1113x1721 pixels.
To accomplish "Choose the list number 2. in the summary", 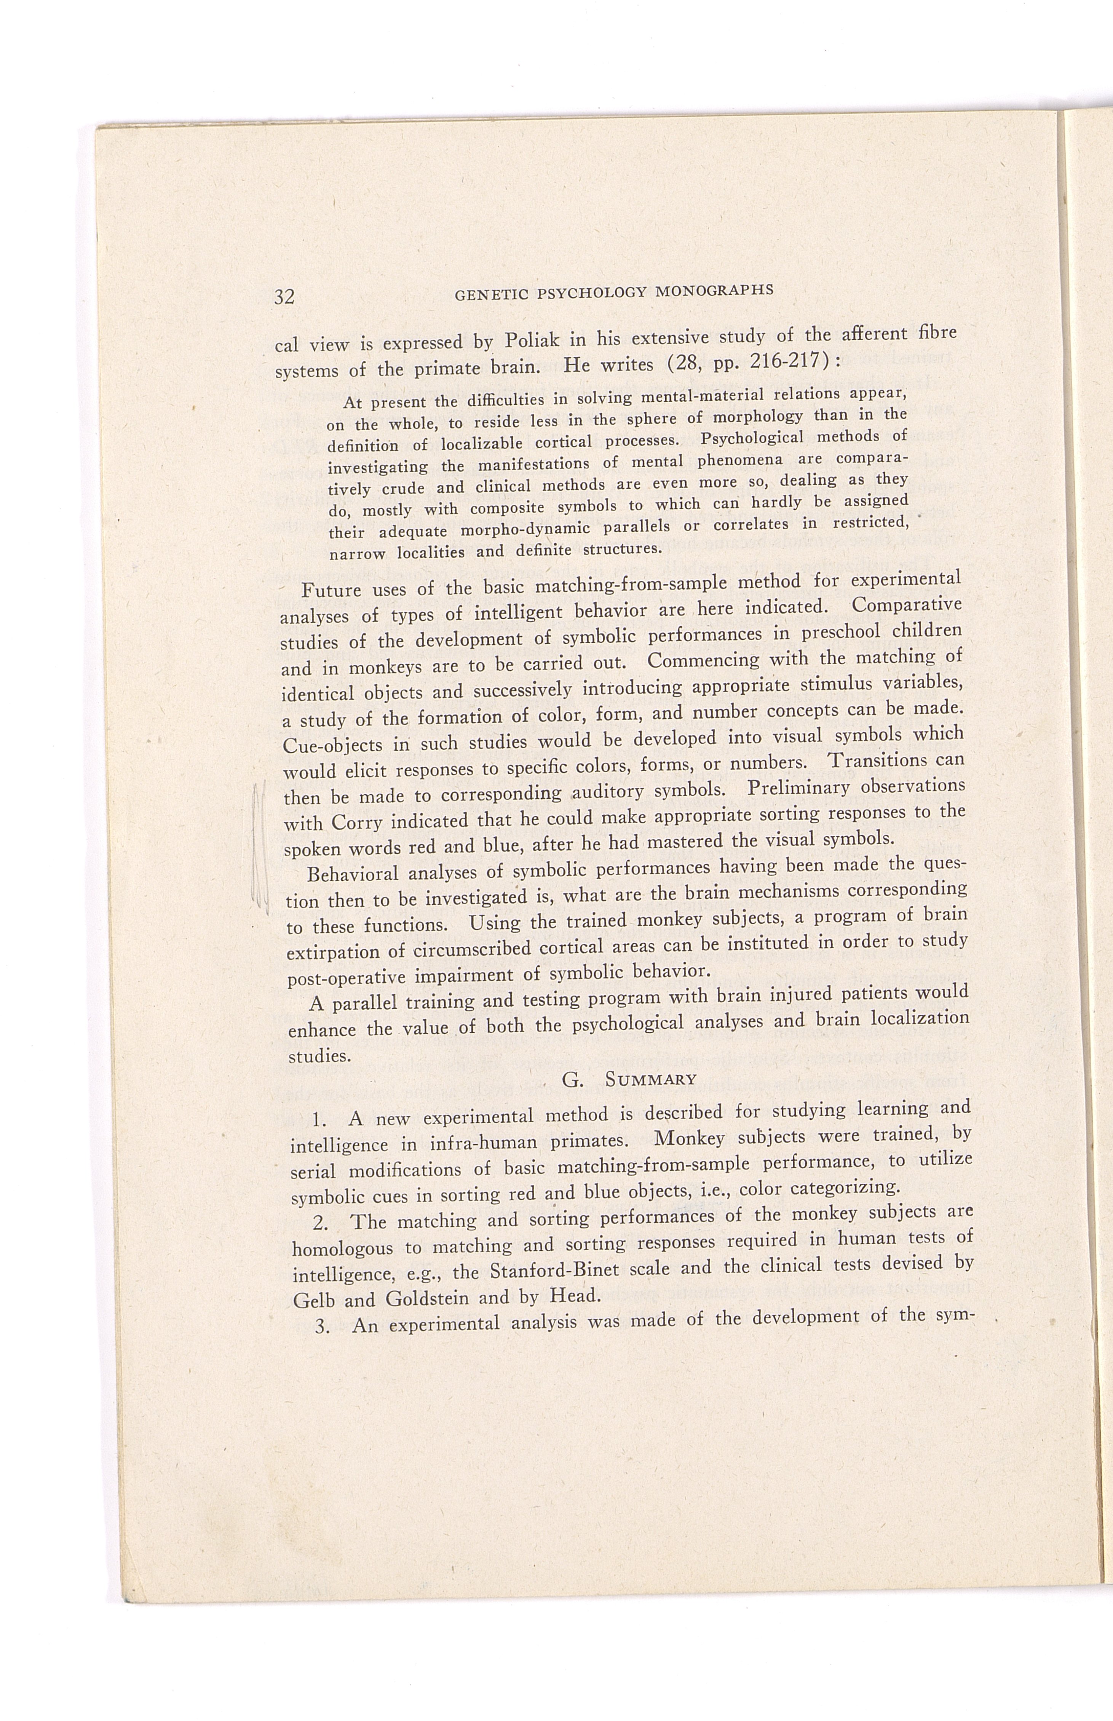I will tap(323, 1224).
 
